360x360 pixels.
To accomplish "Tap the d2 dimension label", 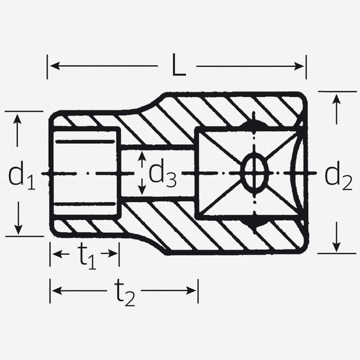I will coord(338,174).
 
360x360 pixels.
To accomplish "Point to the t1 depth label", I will coord(86,255).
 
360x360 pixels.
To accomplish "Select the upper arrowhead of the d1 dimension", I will coord(18,119).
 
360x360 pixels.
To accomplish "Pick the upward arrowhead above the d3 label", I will coord(142,156).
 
